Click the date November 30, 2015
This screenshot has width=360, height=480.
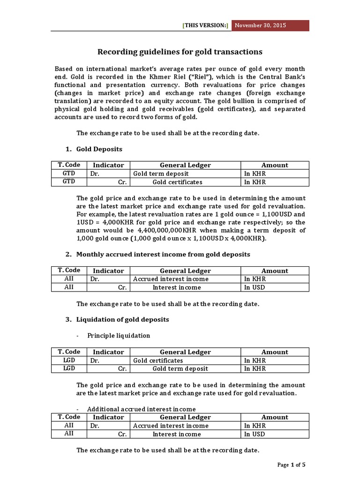[x=260, y=25]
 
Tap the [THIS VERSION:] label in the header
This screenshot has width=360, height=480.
[x=206, y=26]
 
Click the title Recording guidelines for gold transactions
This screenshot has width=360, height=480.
[x=180, y=52]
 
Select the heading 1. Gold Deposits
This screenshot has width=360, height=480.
[x=94, y=149]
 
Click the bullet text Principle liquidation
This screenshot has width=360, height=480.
[x=119, y=336]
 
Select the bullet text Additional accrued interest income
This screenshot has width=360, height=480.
[x=141, y=409]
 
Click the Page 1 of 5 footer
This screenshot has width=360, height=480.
[x=291, y=465]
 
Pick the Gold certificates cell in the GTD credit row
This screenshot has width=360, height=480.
[x=178, y=182]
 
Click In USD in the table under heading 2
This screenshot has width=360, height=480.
[x=255, y=287]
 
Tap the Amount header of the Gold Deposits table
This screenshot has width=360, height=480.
[x=275, y=165]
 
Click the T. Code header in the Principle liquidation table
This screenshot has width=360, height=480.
[x=69, y=352]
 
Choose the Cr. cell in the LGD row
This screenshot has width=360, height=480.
[x=123, y=369]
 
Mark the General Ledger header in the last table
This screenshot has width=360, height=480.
[x=186, y=417]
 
